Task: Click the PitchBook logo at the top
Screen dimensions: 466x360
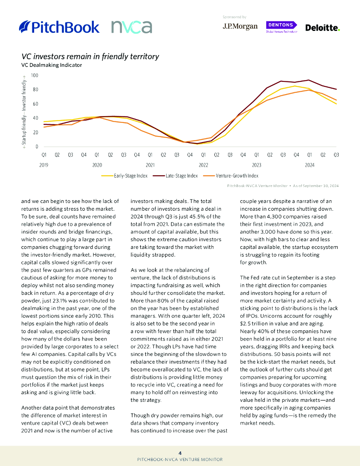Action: click(60, 27)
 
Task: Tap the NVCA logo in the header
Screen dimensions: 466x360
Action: click(132, 27)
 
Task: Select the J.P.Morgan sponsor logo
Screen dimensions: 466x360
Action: click(240, 26)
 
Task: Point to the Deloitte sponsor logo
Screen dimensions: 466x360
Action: click(322, 28)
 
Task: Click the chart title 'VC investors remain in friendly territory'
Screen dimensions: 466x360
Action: click(90, 57)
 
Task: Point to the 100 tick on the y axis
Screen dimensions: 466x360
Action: click(35, 76)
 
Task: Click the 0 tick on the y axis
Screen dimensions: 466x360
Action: click(37, 147)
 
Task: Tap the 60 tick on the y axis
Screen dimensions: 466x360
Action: click(35, 104)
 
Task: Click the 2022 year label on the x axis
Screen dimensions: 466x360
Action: click(203, 165)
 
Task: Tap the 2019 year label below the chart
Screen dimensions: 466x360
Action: click(44, 165)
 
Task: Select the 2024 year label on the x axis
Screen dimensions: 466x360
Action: click(309, 165)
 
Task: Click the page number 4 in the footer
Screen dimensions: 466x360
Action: click(180, 453)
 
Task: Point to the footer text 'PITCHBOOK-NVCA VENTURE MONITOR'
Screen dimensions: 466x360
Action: click(180, 460)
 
